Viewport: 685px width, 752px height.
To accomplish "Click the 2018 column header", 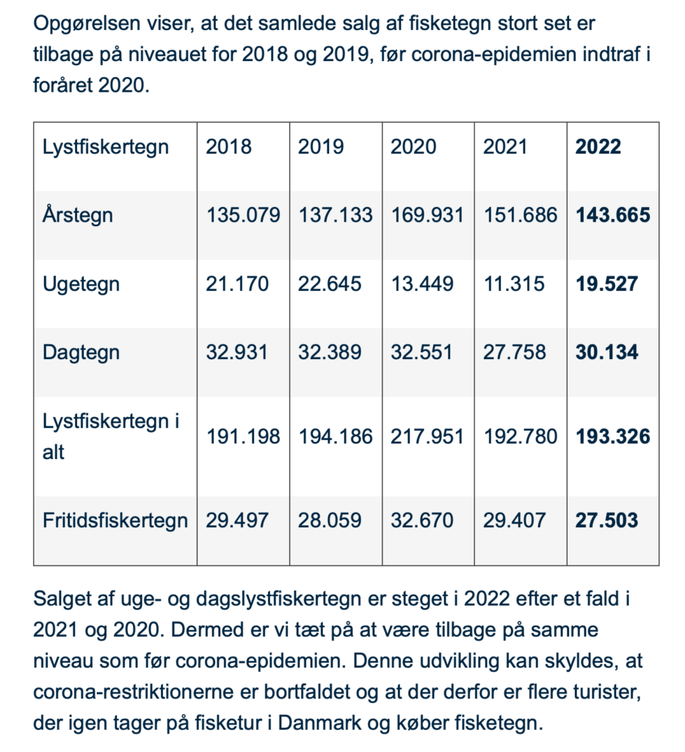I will coord(228,146).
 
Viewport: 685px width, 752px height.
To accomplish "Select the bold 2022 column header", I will coord(598,146).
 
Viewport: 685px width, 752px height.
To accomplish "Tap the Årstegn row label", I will coord(78,215).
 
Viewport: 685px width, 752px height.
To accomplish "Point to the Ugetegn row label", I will coord(81,283).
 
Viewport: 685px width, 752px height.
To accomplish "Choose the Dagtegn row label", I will coord(81,352).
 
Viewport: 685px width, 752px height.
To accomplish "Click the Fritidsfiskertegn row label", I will coord(115,521).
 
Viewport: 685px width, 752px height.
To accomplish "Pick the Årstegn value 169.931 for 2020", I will coord(427,215).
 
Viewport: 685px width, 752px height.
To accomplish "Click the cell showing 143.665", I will coord(612,215).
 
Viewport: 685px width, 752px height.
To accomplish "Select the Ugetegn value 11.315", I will coord(514,283).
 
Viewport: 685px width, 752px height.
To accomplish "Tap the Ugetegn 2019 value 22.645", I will coord(330,283).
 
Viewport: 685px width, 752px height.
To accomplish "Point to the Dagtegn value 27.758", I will coord(515,352).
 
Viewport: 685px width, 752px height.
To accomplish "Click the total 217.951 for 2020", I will coord(427,437).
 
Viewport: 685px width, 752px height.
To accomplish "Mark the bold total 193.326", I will coord(612,437).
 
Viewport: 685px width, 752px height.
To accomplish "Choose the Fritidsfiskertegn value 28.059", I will coord(330,521).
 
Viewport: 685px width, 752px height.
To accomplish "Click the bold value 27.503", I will coord(606,521).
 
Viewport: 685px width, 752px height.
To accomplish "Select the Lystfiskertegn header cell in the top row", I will coord(106,146).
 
